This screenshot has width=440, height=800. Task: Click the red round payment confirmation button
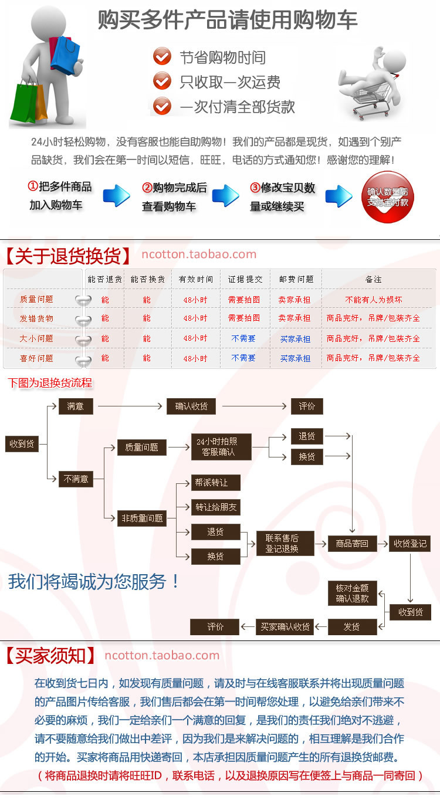coord(387,197)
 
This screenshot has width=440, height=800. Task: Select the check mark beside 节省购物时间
coord(162,57)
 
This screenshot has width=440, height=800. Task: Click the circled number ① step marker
coord(33,187)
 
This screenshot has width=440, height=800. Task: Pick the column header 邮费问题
coord(296,279)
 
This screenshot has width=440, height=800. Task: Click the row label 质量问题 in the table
coord(36,299)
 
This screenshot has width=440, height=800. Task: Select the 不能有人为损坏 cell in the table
coord(374,300)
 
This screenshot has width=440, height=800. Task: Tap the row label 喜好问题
coord(36,358)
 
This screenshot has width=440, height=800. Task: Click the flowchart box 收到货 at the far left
coord(22,443)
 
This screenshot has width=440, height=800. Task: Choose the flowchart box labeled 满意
coord(76,406)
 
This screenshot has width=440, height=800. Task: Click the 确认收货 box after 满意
coord(191,406)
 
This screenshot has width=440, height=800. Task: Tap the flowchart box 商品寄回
coord(352,544)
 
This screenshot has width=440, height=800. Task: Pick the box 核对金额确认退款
coord(352,594)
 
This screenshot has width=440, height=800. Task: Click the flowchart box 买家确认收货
coord(285,626)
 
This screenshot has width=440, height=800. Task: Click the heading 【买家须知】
coord(50,655)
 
